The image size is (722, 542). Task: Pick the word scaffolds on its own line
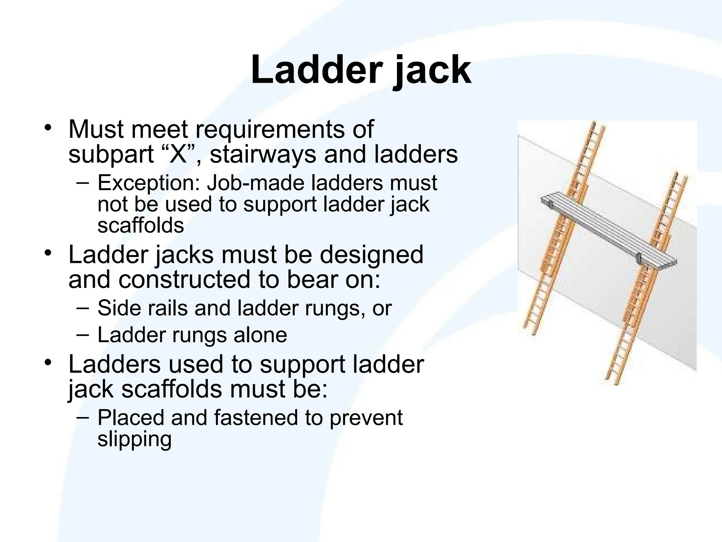(x=141, y=225)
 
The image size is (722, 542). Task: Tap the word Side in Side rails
(x=118, y=308)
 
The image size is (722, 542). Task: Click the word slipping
(x=134, y=439)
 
